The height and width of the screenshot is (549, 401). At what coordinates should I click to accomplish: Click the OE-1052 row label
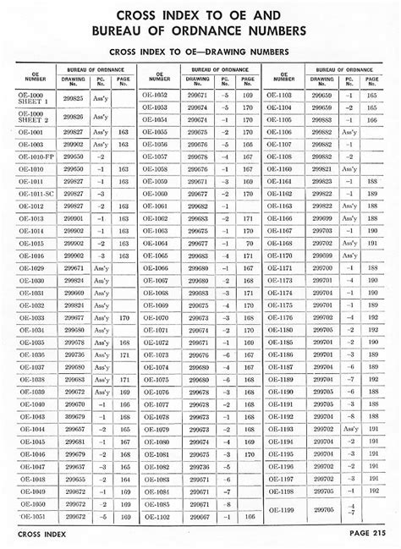coord(157,96)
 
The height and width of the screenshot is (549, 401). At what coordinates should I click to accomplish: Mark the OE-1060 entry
coord(157,194)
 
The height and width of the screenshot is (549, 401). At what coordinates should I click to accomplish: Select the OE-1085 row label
coord(157,503)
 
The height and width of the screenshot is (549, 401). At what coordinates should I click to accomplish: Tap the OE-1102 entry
coord(157,516)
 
